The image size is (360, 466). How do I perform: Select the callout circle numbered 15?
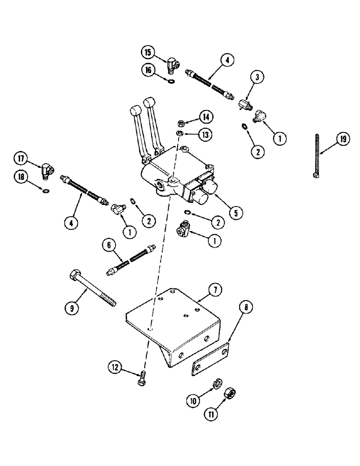148,52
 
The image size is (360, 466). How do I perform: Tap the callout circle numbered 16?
148,70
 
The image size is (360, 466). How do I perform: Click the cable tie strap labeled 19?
317,154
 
